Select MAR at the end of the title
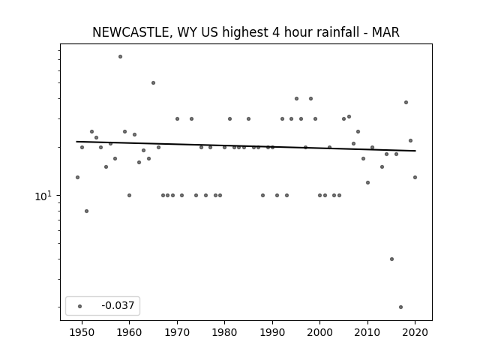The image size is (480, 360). (385, 32)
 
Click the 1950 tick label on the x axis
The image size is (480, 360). (82, 332)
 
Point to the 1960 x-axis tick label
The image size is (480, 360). (129, 332)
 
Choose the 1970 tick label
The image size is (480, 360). (177, 332)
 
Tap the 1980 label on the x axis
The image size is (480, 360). (224, 332)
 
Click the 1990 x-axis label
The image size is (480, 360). (272, 332)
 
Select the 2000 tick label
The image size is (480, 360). (319, 332)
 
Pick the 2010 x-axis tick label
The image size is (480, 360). (367, 332)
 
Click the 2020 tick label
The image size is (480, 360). (415, 332)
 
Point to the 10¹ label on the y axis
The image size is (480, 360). (44, 196)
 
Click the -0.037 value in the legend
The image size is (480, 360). (118, 305)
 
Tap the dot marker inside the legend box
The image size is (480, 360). (79, 306)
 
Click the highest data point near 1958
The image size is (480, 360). (120, 57)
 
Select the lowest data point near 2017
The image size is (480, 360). (400, 307)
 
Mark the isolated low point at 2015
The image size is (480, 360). (391, 259)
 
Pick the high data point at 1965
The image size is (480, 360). (153, 83)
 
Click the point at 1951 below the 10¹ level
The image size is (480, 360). (87, 211)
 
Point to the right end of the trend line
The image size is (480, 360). (415, 151)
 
